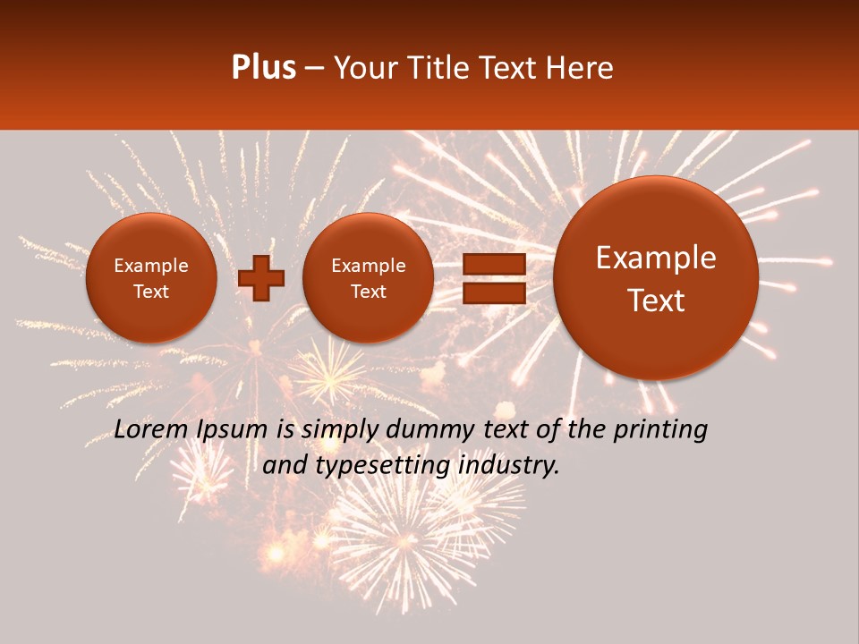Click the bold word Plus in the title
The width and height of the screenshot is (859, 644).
tap(263, 68)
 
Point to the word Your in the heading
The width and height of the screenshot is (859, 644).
tap(366, 68)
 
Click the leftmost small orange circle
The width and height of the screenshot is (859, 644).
tap(151, 278)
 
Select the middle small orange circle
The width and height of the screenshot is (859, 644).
tap(369, 278)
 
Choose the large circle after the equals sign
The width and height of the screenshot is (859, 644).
tap(656, 278)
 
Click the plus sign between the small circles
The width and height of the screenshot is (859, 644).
tap(260, 278)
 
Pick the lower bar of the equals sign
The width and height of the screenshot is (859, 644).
tap(493, 292)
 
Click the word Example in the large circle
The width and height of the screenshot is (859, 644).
tap(656, 258)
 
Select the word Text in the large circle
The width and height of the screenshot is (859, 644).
tap(656, 301)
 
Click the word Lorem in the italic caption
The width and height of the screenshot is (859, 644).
tap(151, 430)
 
